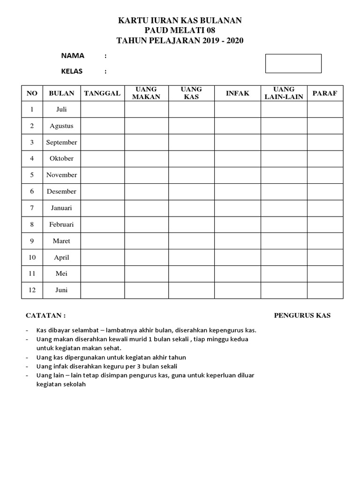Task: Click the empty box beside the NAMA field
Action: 293,64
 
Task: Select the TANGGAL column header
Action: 102,93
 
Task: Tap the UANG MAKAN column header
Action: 146,93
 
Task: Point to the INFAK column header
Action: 238,93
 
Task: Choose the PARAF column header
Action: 325,93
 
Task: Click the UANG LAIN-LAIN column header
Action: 284,93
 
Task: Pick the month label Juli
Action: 61,109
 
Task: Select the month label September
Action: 61,142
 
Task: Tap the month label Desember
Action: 61,191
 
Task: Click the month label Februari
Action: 61,225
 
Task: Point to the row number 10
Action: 32,257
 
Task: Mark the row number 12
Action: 32,290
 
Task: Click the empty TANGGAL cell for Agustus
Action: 102,126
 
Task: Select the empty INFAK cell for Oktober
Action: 238,158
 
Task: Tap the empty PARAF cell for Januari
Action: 325,208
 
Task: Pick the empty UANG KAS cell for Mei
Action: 191,274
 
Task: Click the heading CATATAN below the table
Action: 45,315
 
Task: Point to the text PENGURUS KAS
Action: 302,315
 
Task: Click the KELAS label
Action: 72,72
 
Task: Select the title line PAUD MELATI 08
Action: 180,30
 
